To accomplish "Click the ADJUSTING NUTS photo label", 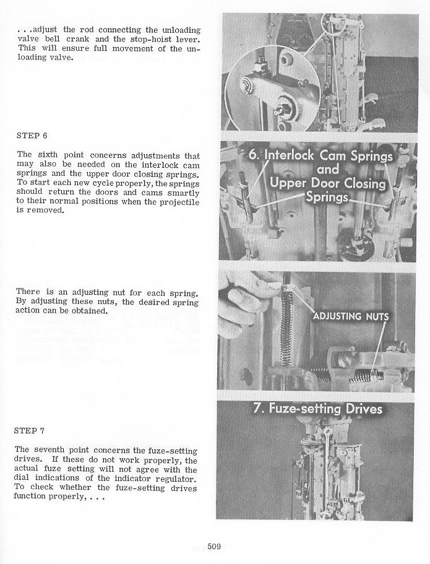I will (351, 316).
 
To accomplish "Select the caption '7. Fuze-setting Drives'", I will (318, 409).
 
